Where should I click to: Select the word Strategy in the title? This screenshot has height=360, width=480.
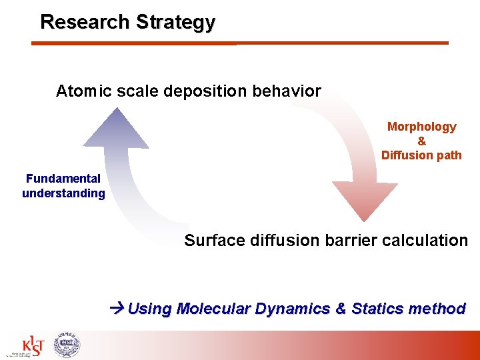pos(175,23)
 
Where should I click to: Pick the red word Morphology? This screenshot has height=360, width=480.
pos(421,127)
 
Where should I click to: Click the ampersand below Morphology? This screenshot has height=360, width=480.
pos(421,141)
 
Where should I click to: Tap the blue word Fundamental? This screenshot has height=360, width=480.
pos(63,179)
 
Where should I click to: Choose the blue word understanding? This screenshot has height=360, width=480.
pos(63,193)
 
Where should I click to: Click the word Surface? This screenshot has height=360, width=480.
pos(213,240)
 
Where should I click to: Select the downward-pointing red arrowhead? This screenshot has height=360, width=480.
pos(364,200)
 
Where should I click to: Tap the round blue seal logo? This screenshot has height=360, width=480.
pos(66,344)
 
